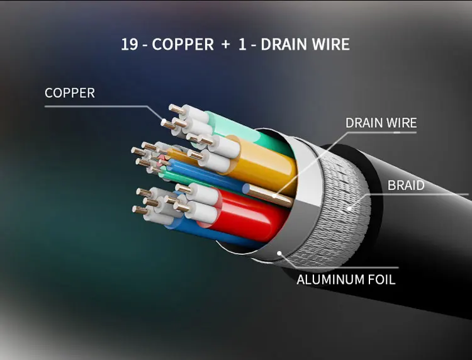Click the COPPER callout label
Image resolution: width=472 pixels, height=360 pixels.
pos(70,93)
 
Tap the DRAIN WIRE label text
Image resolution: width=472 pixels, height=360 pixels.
pos(381,123)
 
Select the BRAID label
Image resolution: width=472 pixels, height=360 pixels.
pos(406,186)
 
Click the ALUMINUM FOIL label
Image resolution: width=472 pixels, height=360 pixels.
pos(346,279)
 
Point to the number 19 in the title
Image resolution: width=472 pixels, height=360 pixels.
pos(130,44)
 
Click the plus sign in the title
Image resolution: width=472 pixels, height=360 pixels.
pos(225,45)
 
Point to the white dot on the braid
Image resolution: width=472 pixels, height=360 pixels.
pos(349,208)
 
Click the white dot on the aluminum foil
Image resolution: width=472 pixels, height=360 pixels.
pos(279,253)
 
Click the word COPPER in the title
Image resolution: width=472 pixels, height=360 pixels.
pos(183,44)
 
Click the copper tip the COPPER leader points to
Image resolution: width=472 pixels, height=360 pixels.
pos(164,123)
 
